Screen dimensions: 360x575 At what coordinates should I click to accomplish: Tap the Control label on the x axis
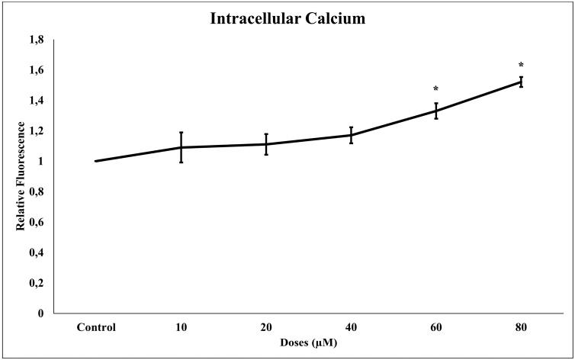pyautogui.click(x=96, y=328)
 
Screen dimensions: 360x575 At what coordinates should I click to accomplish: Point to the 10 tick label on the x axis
pyautogui.click(x=181, y=328)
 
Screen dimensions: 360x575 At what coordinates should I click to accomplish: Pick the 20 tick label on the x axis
pyautogui.click(x=266, y=328)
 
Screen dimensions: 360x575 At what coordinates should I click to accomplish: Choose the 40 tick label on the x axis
pyautogui.click(x=351, y=328)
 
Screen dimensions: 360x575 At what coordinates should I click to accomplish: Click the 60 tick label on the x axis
pyautogui.click(x=435, y=328)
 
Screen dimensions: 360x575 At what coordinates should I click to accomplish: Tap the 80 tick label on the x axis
pyautogui.click(x=521, y=328)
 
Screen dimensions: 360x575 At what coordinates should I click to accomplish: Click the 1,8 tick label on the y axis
pyautogui.click(x=36, y=40)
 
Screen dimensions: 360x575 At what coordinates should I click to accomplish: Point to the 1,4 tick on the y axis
pyautogui.click(x=36, y=101)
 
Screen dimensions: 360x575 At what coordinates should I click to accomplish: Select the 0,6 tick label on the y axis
pyautogui.click(x=36, y=222)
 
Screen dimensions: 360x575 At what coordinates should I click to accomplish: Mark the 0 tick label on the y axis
pyautogui.click(x=41, y=313)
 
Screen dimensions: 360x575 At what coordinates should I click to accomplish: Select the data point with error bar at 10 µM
pyautogui.click(x=181, y=147)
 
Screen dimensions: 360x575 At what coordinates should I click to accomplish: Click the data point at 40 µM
pyautogui.click(x=351, y=135)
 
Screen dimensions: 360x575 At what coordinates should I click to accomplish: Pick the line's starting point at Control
pyautogui.click(x=96, y=161)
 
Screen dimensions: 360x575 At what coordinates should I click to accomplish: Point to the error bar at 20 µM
pyautogui.click(x=266, y=144)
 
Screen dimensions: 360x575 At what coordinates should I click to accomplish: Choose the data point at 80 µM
pyautogui.click(x=521, y=82)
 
